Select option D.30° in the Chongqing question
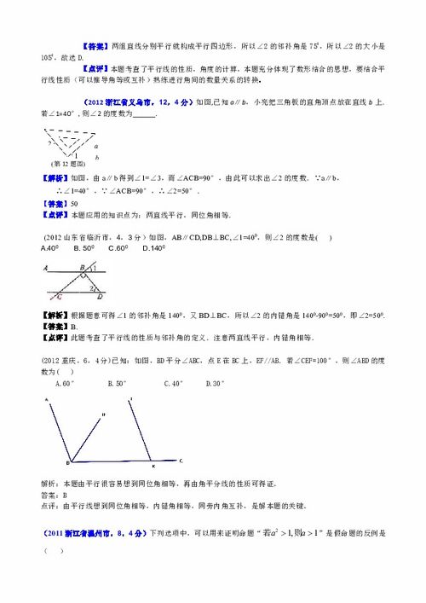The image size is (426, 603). [x=216, y=384]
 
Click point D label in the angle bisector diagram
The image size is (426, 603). [x=103, y=415]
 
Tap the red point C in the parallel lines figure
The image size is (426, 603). [x=59, y=296]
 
